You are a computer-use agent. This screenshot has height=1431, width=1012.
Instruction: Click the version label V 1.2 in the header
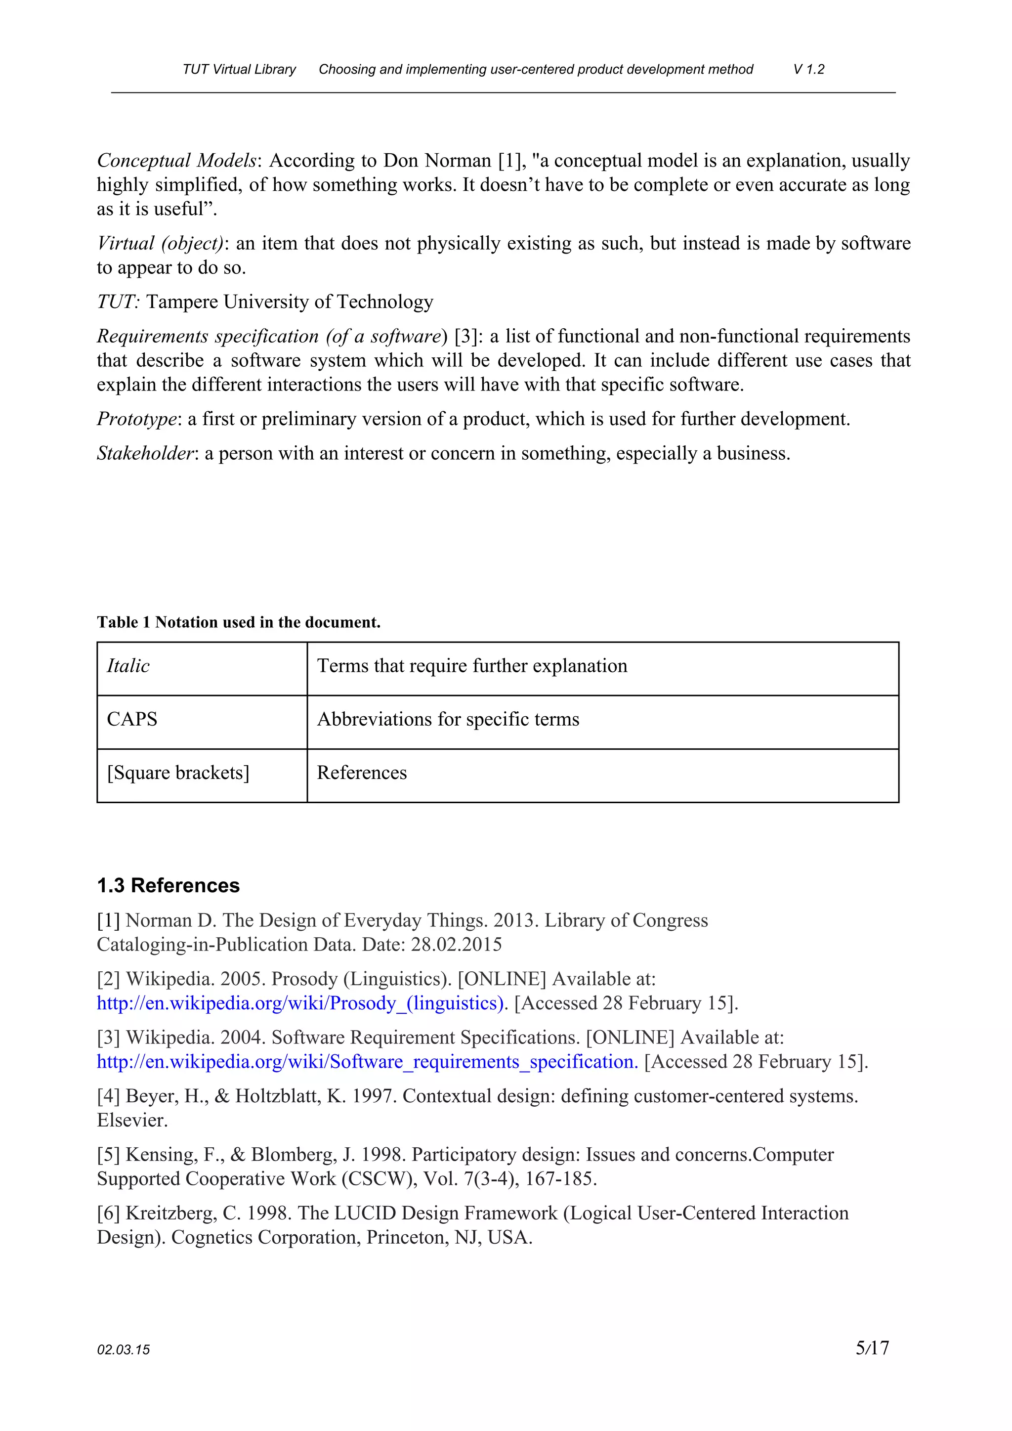pyautogui.click(x=808, y=69)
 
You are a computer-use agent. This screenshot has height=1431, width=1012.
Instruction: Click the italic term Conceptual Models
pyautogui.click(x=176, y=161)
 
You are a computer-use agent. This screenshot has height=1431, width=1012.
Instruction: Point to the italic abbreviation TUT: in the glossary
pyautogui.click(x=118, y=302)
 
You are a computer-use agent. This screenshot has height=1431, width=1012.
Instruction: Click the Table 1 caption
pyautogui.click(x=238, y=622)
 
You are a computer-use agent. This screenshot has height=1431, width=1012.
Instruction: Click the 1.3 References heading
pyautogui.click(x=168, y=886)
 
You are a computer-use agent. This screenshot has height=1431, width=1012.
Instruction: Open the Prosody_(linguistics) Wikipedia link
pyautogui.click(x=300, y=1003)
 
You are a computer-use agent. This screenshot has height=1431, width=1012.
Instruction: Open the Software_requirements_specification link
pyautogui.click(x=367, y=1061)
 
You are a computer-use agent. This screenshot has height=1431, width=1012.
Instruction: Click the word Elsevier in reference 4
pyautogui.click(x=131, y=1120)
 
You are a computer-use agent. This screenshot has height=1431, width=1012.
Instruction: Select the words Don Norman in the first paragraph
pyautogui.click(x=437, y=161)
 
